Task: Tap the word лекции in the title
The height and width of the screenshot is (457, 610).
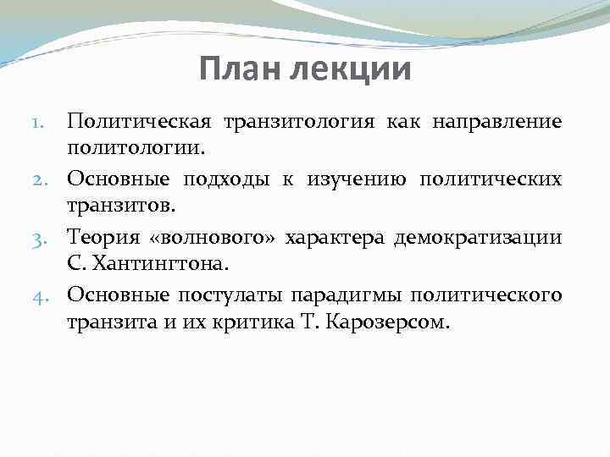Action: [351, 69]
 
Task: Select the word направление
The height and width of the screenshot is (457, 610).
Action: [496, 123]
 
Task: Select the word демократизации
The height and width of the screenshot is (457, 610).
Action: [478, 237]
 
